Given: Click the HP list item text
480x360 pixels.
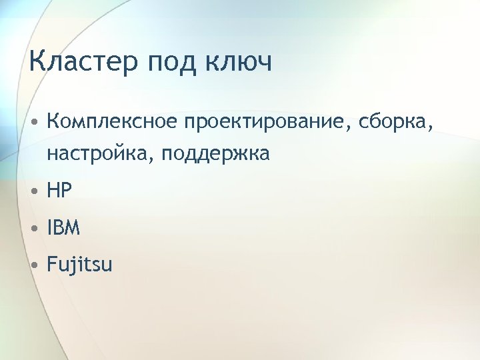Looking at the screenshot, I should point(59,192).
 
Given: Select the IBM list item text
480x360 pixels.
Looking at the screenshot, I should point(64,229).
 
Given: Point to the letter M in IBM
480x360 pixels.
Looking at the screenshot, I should point(73,229).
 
